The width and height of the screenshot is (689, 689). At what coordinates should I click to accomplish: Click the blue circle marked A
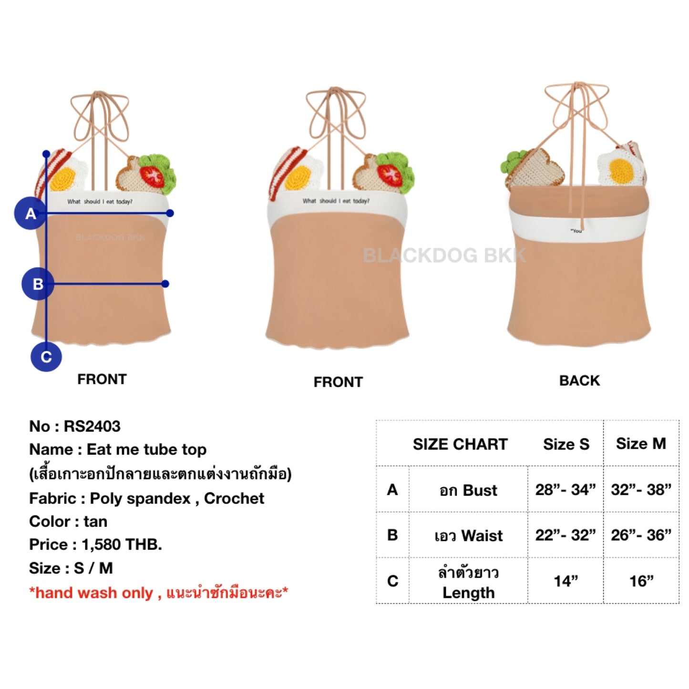[30, 213]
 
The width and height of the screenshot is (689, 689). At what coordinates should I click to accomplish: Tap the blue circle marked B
[38, 284]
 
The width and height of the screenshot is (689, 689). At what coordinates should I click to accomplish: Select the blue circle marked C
[46, 357]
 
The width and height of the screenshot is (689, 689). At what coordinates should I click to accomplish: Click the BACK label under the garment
[579, 380]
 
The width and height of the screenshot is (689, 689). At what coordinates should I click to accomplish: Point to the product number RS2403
[92, 426]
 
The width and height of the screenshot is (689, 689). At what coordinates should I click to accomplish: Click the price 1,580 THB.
[122, 544]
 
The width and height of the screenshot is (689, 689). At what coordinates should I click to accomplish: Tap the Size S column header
[566, 444]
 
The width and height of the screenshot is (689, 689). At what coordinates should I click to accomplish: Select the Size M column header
[641, 443]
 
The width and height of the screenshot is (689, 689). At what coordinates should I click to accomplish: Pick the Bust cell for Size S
[566, 490]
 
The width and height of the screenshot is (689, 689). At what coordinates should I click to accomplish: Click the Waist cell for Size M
[641, 535]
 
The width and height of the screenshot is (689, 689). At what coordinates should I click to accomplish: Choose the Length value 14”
[566, 581]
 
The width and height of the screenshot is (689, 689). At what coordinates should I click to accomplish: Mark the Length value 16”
[641, 581]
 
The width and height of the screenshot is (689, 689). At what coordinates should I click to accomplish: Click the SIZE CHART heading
[460, 444]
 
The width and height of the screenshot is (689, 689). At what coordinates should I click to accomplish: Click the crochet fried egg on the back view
[619, 168]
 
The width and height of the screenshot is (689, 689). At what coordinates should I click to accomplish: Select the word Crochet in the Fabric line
[234, 498]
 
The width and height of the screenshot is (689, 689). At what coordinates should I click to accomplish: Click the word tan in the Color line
[95, 521]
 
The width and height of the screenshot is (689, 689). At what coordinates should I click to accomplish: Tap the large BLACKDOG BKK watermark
[444, 256]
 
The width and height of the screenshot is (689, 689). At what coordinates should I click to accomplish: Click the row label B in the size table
[392, 535]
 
